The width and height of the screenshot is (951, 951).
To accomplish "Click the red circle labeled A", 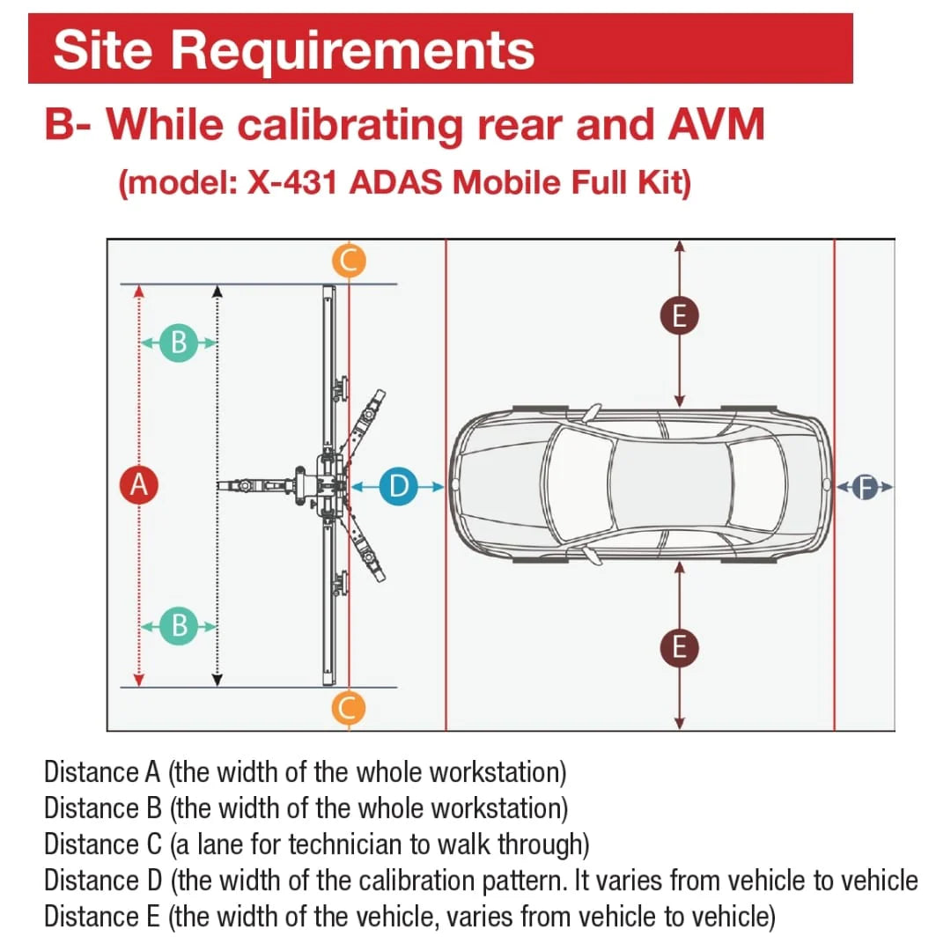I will pyautogui.click(x=137, y=484).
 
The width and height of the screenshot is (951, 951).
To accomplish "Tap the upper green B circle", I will pyautogui.click(x=179, y=342).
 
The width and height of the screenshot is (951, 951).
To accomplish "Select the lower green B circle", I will pyautogui.click(x=179, y=625).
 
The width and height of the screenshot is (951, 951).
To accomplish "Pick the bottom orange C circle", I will pyautogui.click(x=349, y=707).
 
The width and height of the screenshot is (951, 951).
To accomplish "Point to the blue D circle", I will pyautogui.click(x=398, y=485).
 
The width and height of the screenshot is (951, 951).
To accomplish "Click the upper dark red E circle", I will pyautogui.click(x=679, y=315).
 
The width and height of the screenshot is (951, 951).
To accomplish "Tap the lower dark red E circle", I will pyautogui.click(x=679, y=647).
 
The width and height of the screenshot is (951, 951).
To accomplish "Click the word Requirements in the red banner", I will pyautogui.click(x=352, y=49).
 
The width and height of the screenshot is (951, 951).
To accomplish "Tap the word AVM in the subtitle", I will pyautogui.click(x=715, y=124).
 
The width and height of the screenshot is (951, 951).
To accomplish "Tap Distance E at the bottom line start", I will pyautogui.click(x=102, y=917).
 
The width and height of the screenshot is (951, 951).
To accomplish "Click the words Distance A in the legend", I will pyautogui.click(x=102, y=772).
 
